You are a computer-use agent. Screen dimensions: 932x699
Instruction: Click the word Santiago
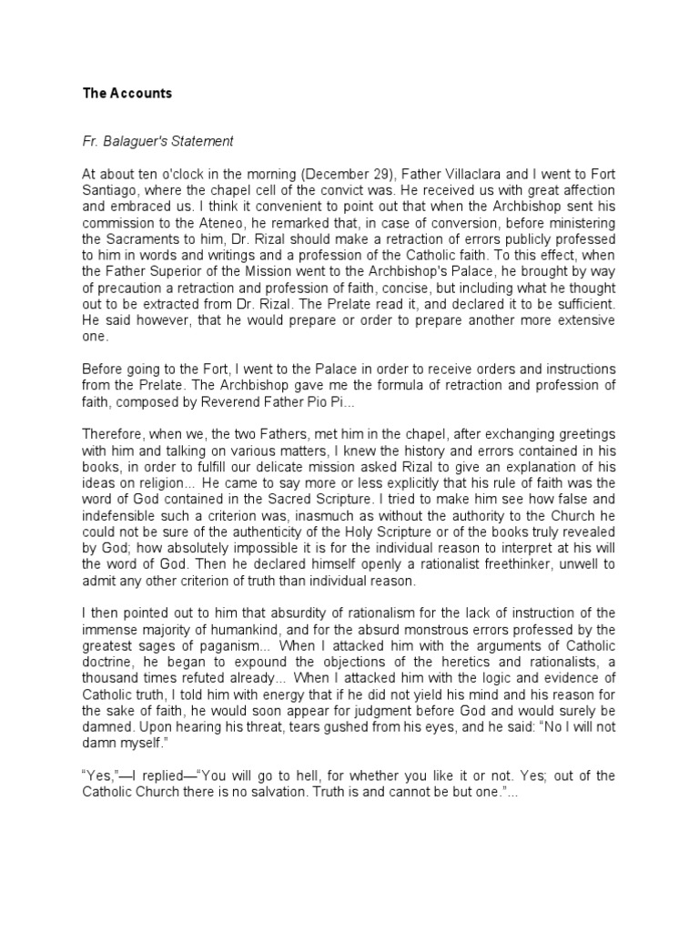click(111, 191)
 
